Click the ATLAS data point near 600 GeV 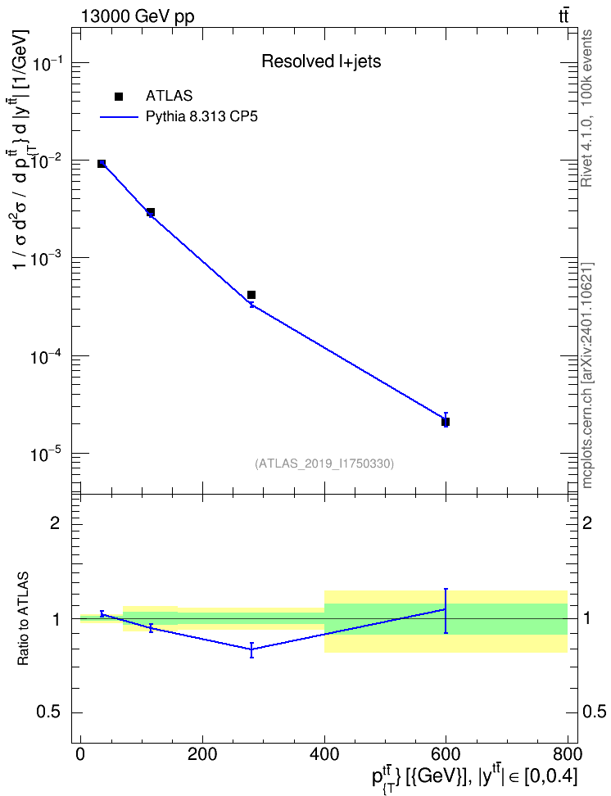[x=446, y=422]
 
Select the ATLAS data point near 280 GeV [x=251, y=295]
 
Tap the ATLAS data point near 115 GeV [x=151, y=211]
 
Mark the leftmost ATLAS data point [x=102, y=164]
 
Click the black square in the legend [x=119, y=97]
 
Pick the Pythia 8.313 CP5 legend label [x=201, y=117]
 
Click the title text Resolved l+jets [x=321, y=61]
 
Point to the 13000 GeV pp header [x=137, y=17]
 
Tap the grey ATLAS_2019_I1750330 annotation [x=324, y=463]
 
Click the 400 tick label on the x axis [x=324, y=753]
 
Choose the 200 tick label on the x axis [x=202, y=753]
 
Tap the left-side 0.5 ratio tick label [x=48, y=712]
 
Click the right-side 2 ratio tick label [x=587, y=522]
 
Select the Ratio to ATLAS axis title [x=23, y=619]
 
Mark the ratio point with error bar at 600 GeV [x=446, y=609]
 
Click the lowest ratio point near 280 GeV [x=251, y=649]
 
